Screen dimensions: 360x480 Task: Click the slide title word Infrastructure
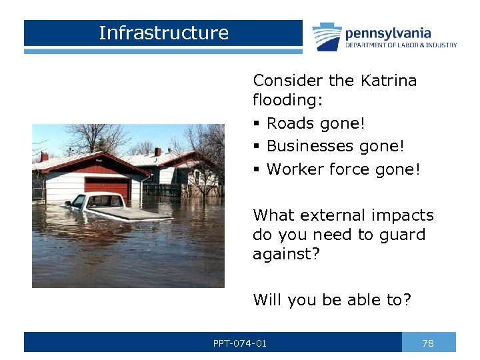[163, 33]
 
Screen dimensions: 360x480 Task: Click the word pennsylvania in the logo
[387, 33]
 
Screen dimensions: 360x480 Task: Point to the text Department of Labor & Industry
[401, 45]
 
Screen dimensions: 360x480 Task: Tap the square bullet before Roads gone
[257, 125]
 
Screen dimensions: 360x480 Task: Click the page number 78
[428, 343]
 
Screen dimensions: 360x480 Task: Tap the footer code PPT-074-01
[239, 343]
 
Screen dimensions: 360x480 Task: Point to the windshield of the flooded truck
[107, 200]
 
